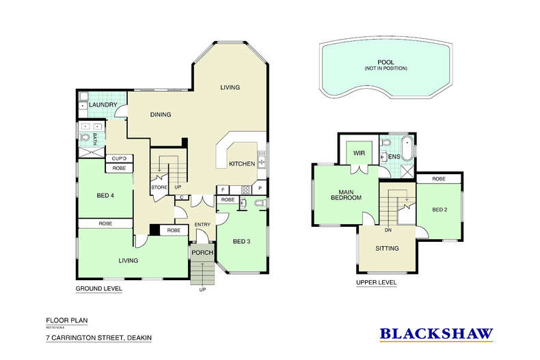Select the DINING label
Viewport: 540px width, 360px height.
coord(160,114)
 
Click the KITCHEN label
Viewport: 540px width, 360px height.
coord(242,164)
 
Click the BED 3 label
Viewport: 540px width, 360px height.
coord(243,241)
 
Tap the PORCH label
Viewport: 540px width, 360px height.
coord(202,253)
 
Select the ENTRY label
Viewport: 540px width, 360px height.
coord(202,225)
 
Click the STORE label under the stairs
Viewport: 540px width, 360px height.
coord(159,186)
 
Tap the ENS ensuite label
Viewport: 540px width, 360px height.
coord(394,156)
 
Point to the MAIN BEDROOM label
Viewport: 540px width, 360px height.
coord(346,194)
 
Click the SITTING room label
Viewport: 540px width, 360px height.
coord(387,249)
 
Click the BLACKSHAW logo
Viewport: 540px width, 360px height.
coord(436,334)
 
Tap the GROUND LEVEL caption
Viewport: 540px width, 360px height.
coord(98,289)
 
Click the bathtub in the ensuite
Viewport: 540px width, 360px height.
coord(407,149)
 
